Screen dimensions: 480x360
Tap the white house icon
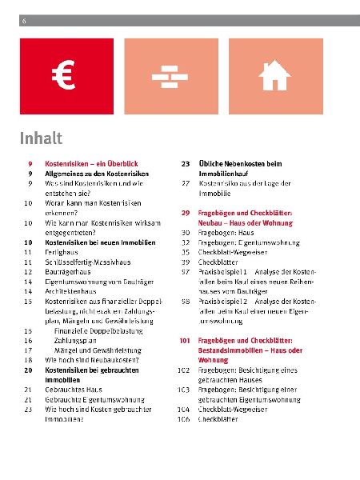pyautogui.click(x=274, y=76)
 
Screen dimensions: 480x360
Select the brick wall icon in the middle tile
pyautogui.click(x=169, y=76)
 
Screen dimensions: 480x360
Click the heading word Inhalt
pyautogui.click(x=40, y=138)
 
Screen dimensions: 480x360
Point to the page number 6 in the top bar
pyautogui.click(x=25, y=20)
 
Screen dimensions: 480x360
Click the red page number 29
pyautogui.click(x=185, y=212)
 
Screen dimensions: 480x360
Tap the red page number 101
pyautogui.click(x=184, y=340)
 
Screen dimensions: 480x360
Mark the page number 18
pyautogui.click(x=28, y=359)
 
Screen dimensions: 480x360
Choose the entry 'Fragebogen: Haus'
pyautogui.click(x=226, y=232)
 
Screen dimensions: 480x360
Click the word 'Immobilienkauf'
pyautogui.click(x=228, y=173)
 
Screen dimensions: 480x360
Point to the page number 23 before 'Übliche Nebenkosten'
pyautogui.click(x=185, y=163)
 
